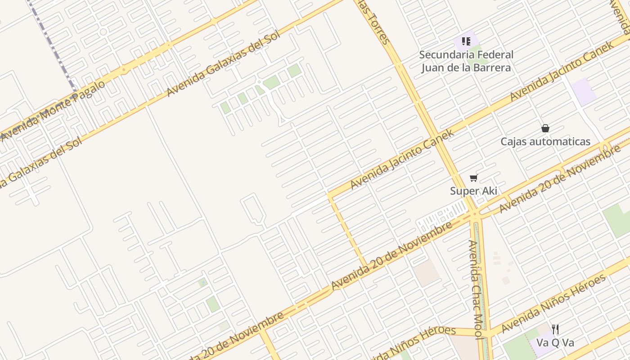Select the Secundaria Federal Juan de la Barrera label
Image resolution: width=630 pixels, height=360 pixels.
466,61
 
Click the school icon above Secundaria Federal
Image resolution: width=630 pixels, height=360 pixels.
466,41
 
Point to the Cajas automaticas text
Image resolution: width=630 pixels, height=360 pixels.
545,142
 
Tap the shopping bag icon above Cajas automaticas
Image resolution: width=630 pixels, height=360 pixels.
545,128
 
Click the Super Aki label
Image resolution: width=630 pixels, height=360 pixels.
473,191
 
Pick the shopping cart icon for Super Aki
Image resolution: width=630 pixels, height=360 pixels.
473,178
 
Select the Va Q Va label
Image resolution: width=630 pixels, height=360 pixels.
555,343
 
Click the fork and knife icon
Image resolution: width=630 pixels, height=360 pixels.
555,329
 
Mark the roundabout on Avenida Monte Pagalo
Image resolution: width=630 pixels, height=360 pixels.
123,70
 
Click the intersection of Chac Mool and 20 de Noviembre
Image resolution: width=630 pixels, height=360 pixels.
476,215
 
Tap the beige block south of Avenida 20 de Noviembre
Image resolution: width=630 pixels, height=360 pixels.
426,273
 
